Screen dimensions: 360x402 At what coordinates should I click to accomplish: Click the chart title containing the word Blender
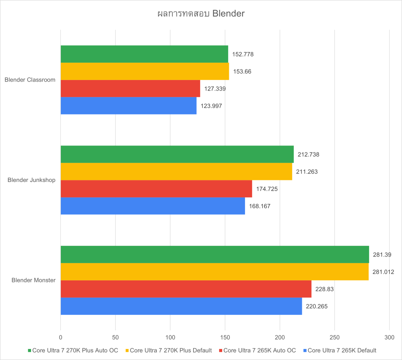tap(201, 14)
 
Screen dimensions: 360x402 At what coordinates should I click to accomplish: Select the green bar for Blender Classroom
tap(144, 54)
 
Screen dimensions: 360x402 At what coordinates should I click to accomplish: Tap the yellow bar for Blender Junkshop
tap(176, 171)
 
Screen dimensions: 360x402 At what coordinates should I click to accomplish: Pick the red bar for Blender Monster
tap(186, 289)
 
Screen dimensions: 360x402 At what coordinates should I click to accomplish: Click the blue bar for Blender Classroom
tap(128, 106)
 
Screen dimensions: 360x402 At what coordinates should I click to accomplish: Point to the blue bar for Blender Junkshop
tap(153, 206)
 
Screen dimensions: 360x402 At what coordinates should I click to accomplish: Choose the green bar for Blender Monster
tap(215, 255)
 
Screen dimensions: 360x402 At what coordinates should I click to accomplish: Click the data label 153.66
tap(243, 71)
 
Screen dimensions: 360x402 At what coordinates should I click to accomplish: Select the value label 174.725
tap(267, 189)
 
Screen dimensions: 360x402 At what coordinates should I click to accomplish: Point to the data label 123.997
tap(211, 106)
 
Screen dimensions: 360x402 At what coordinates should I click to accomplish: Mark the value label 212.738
tap(308, 155)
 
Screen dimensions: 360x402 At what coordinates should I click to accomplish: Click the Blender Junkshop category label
tap(31, 180)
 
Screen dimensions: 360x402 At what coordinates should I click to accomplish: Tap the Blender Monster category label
tap(33, 280)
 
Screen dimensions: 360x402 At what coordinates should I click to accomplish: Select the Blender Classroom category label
tap(30, 80)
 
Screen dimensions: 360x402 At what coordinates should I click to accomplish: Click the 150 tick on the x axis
tap(225, 337)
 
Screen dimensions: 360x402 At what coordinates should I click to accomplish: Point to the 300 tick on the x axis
tap(389, 337)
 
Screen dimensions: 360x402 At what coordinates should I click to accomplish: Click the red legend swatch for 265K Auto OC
tap(221, 350)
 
